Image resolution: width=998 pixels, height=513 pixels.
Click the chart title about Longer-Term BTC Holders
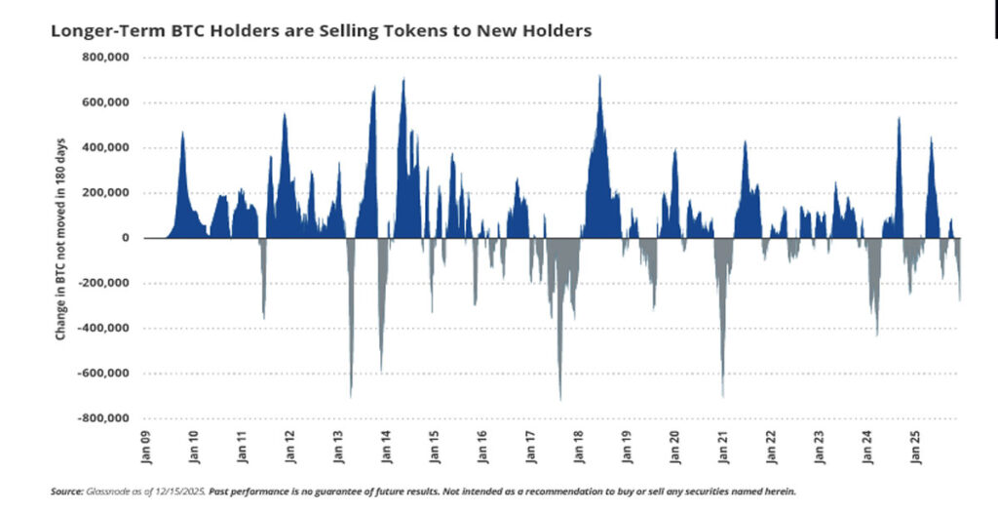pos(321,31)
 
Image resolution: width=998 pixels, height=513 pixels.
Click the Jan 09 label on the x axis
pos(144,445)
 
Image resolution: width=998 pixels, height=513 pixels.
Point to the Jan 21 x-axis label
pos(722,445)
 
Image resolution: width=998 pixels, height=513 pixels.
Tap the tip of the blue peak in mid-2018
pos(599,76)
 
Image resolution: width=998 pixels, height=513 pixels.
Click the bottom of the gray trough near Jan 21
pos(722,396)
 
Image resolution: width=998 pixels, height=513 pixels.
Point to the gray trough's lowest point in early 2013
pos(351,396)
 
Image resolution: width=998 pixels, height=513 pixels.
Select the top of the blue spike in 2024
pos(899,118)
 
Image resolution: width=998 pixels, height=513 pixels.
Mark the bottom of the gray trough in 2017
pos(560,399)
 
